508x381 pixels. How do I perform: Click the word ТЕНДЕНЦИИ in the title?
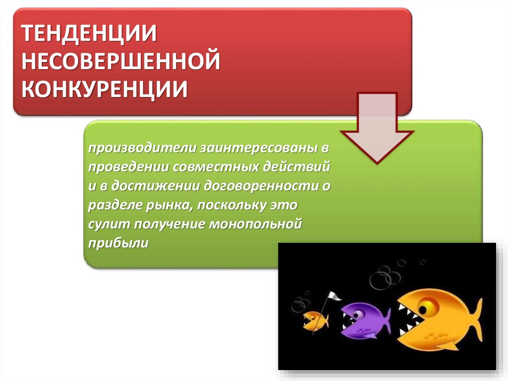(89, 33)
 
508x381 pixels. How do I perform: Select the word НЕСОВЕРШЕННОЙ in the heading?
(121, 61)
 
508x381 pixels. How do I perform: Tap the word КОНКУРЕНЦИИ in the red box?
(104, 88)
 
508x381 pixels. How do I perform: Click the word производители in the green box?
(142, 148)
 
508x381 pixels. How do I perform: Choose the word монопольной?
(255, 225)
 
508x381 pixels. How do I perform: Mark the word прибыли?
(118, 243)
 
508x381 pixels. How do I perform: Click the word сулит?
(109, 225)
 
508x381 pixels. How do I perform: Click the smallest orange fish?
(315, 321)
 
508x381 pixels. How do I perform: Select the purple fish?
(365, 321)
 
